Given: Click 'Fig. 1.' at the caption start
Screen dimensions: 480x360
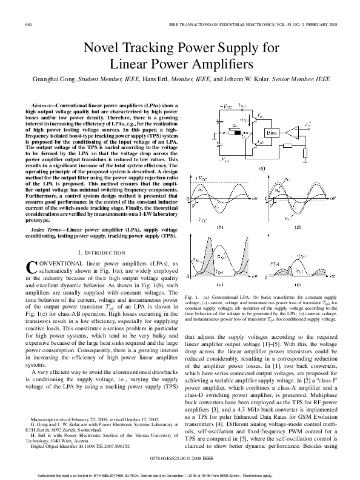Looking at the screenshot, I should pos(191,297).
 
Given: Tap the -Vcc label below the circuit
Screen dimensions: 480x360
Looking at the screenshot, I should pos(224,161).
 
